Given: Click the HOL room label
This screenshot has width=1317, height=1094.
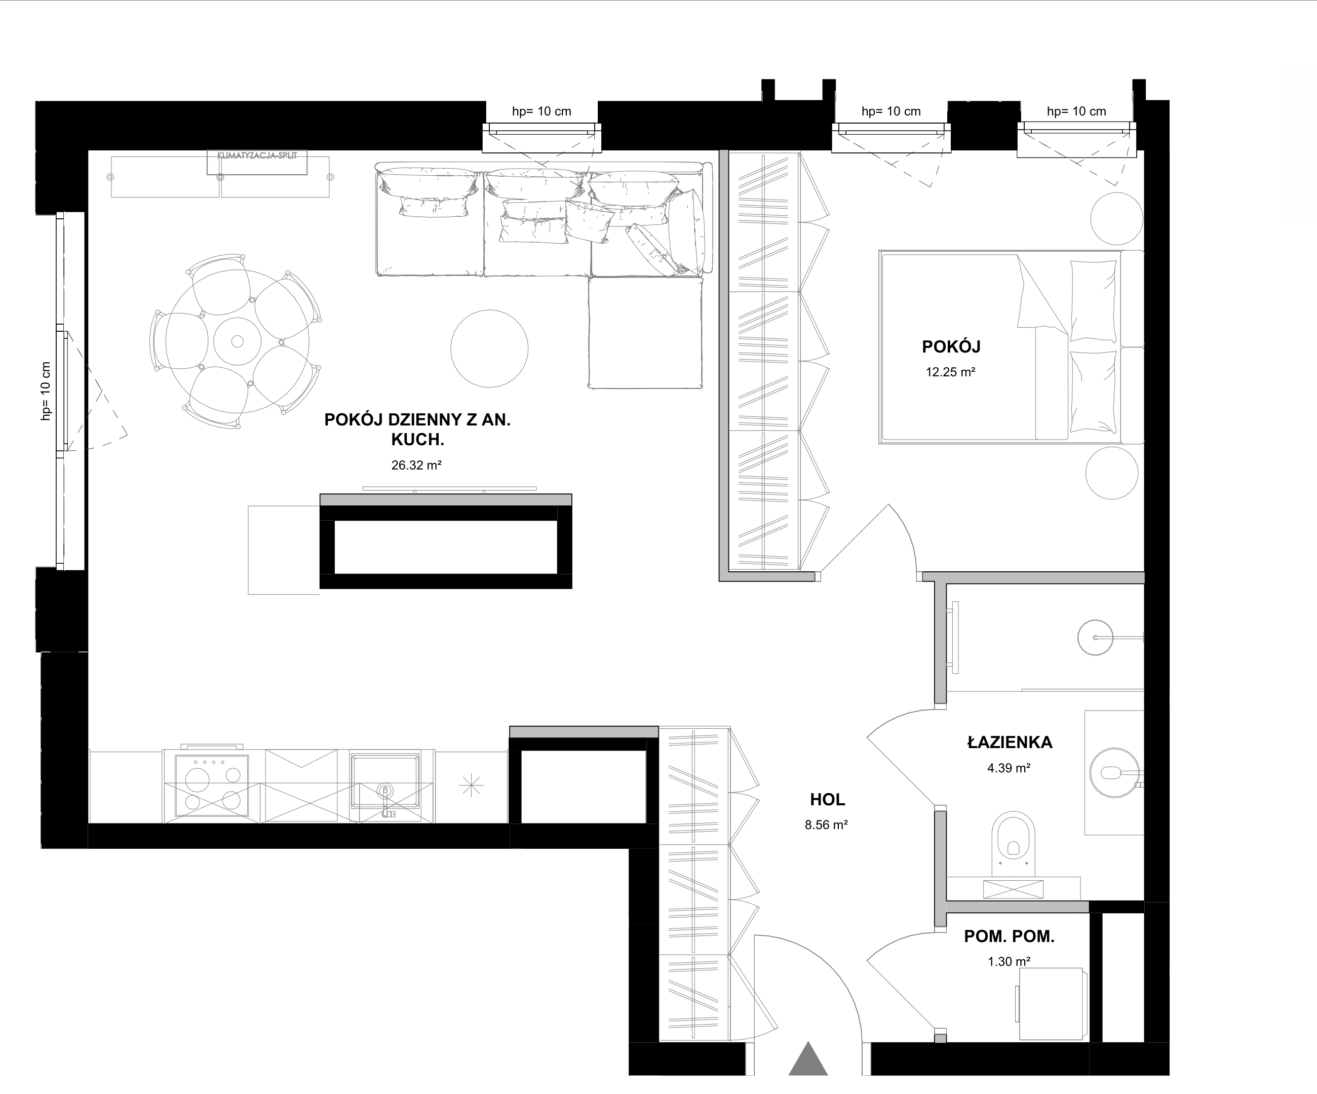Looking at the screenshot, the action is pyautogui.click(x=827, y=799).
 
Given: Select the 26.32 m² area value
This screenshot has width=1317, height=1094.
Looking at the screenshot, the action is pyautogui.click(x=416, y=465).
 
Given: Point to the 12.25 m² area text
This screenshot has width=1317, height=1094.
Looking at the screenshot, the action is pyautogui.click(x=950, y=372).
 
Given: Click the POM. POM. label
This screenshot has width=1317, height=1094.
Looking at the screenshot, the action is pyautogui.click(x=1009, y=936).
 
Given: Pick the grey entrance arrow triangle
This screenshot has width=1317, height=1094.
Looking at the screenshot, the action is pyautogui.click(x=808, y=1060).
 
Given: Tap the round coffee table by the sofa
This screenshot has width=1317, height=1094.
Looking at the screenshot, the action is pyautogui.click(x=489, y=348).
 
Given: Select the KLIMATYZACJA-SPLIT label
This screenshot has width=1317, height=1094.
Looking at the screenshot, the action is pyautogui.click(x=257, y=155).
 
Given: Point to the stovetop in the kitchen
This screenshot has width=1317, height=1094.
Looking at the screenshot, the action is pyautogui.click(x=211, y=785).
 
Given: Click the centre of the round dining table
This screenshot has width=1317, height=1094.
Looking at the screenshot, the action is pyautogui.click(x=237, y=342).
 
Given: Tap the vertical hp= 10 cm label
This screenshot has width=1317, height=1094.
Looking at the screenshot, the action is pyautogui.click(x=45, y=390).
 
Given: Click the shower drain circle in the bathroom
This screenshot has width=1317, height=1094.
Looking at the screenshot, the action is pyautogui.click(x=1096, y=638).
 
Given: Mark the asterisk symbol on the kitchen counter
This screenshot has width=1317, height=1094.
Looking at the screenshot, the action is pyautogui.click(x=471, y=786).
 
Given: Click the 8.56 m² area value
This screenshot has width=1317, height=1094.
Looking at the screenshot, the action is pyautogui.click(x=827, y=825).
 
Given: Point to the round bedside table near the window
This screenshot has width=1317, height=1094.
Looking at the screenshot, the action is pyautogui.click(x=1116, y=218).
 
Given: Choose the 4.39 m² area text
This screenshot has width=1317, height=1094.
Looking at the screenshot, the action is pyautogui.click(x=1009, y=768).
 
